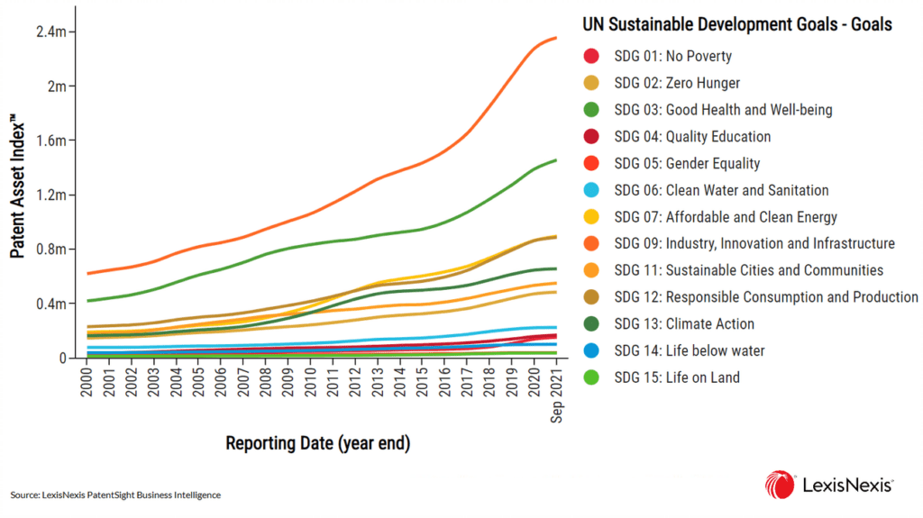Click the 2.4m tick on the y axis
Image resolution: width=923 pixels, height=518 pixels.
pos(50,32)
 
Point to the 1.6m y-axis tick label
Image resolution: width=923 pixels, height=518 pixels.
pos(50,141)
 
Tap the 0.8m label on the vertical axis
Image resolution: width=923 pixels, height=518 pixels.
pos(50,250)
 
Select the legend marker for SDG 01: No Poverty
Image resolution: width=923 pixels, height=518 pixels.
pos(591,57)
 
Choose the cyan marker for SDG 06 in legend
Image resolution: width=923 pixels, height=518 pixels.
pos(591,190)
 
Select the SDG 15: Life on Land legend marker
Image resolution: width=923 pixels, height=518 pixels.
pos(591,377)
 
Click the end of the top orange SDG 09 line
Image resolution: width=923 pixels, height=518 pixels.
pos(556,38)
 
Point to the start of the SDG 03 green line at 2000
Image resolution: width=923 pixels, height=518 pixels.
pos(87,301)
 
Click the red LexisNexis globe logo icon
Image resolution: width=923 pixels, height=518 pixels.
pos(780,485)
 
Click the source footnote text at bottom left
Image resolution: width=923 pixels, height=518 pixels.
pos(115,495)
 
